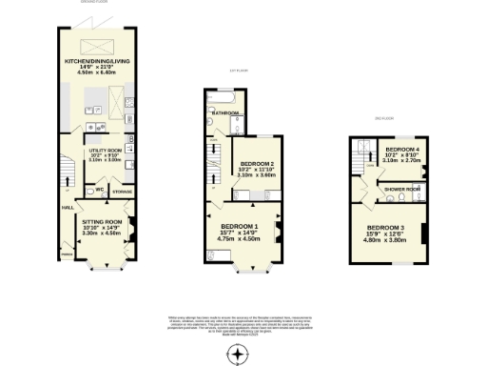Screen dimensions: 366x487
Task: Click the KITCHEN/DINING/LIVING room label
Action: coord(96,60)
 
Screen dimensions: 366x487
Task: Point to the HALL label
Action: coord(68,206)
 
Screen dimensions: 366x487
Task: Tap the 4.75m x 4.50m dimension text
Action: coord(240,238)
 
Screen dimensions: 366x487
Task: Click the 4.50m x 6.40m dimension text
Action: coord(96,71)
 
